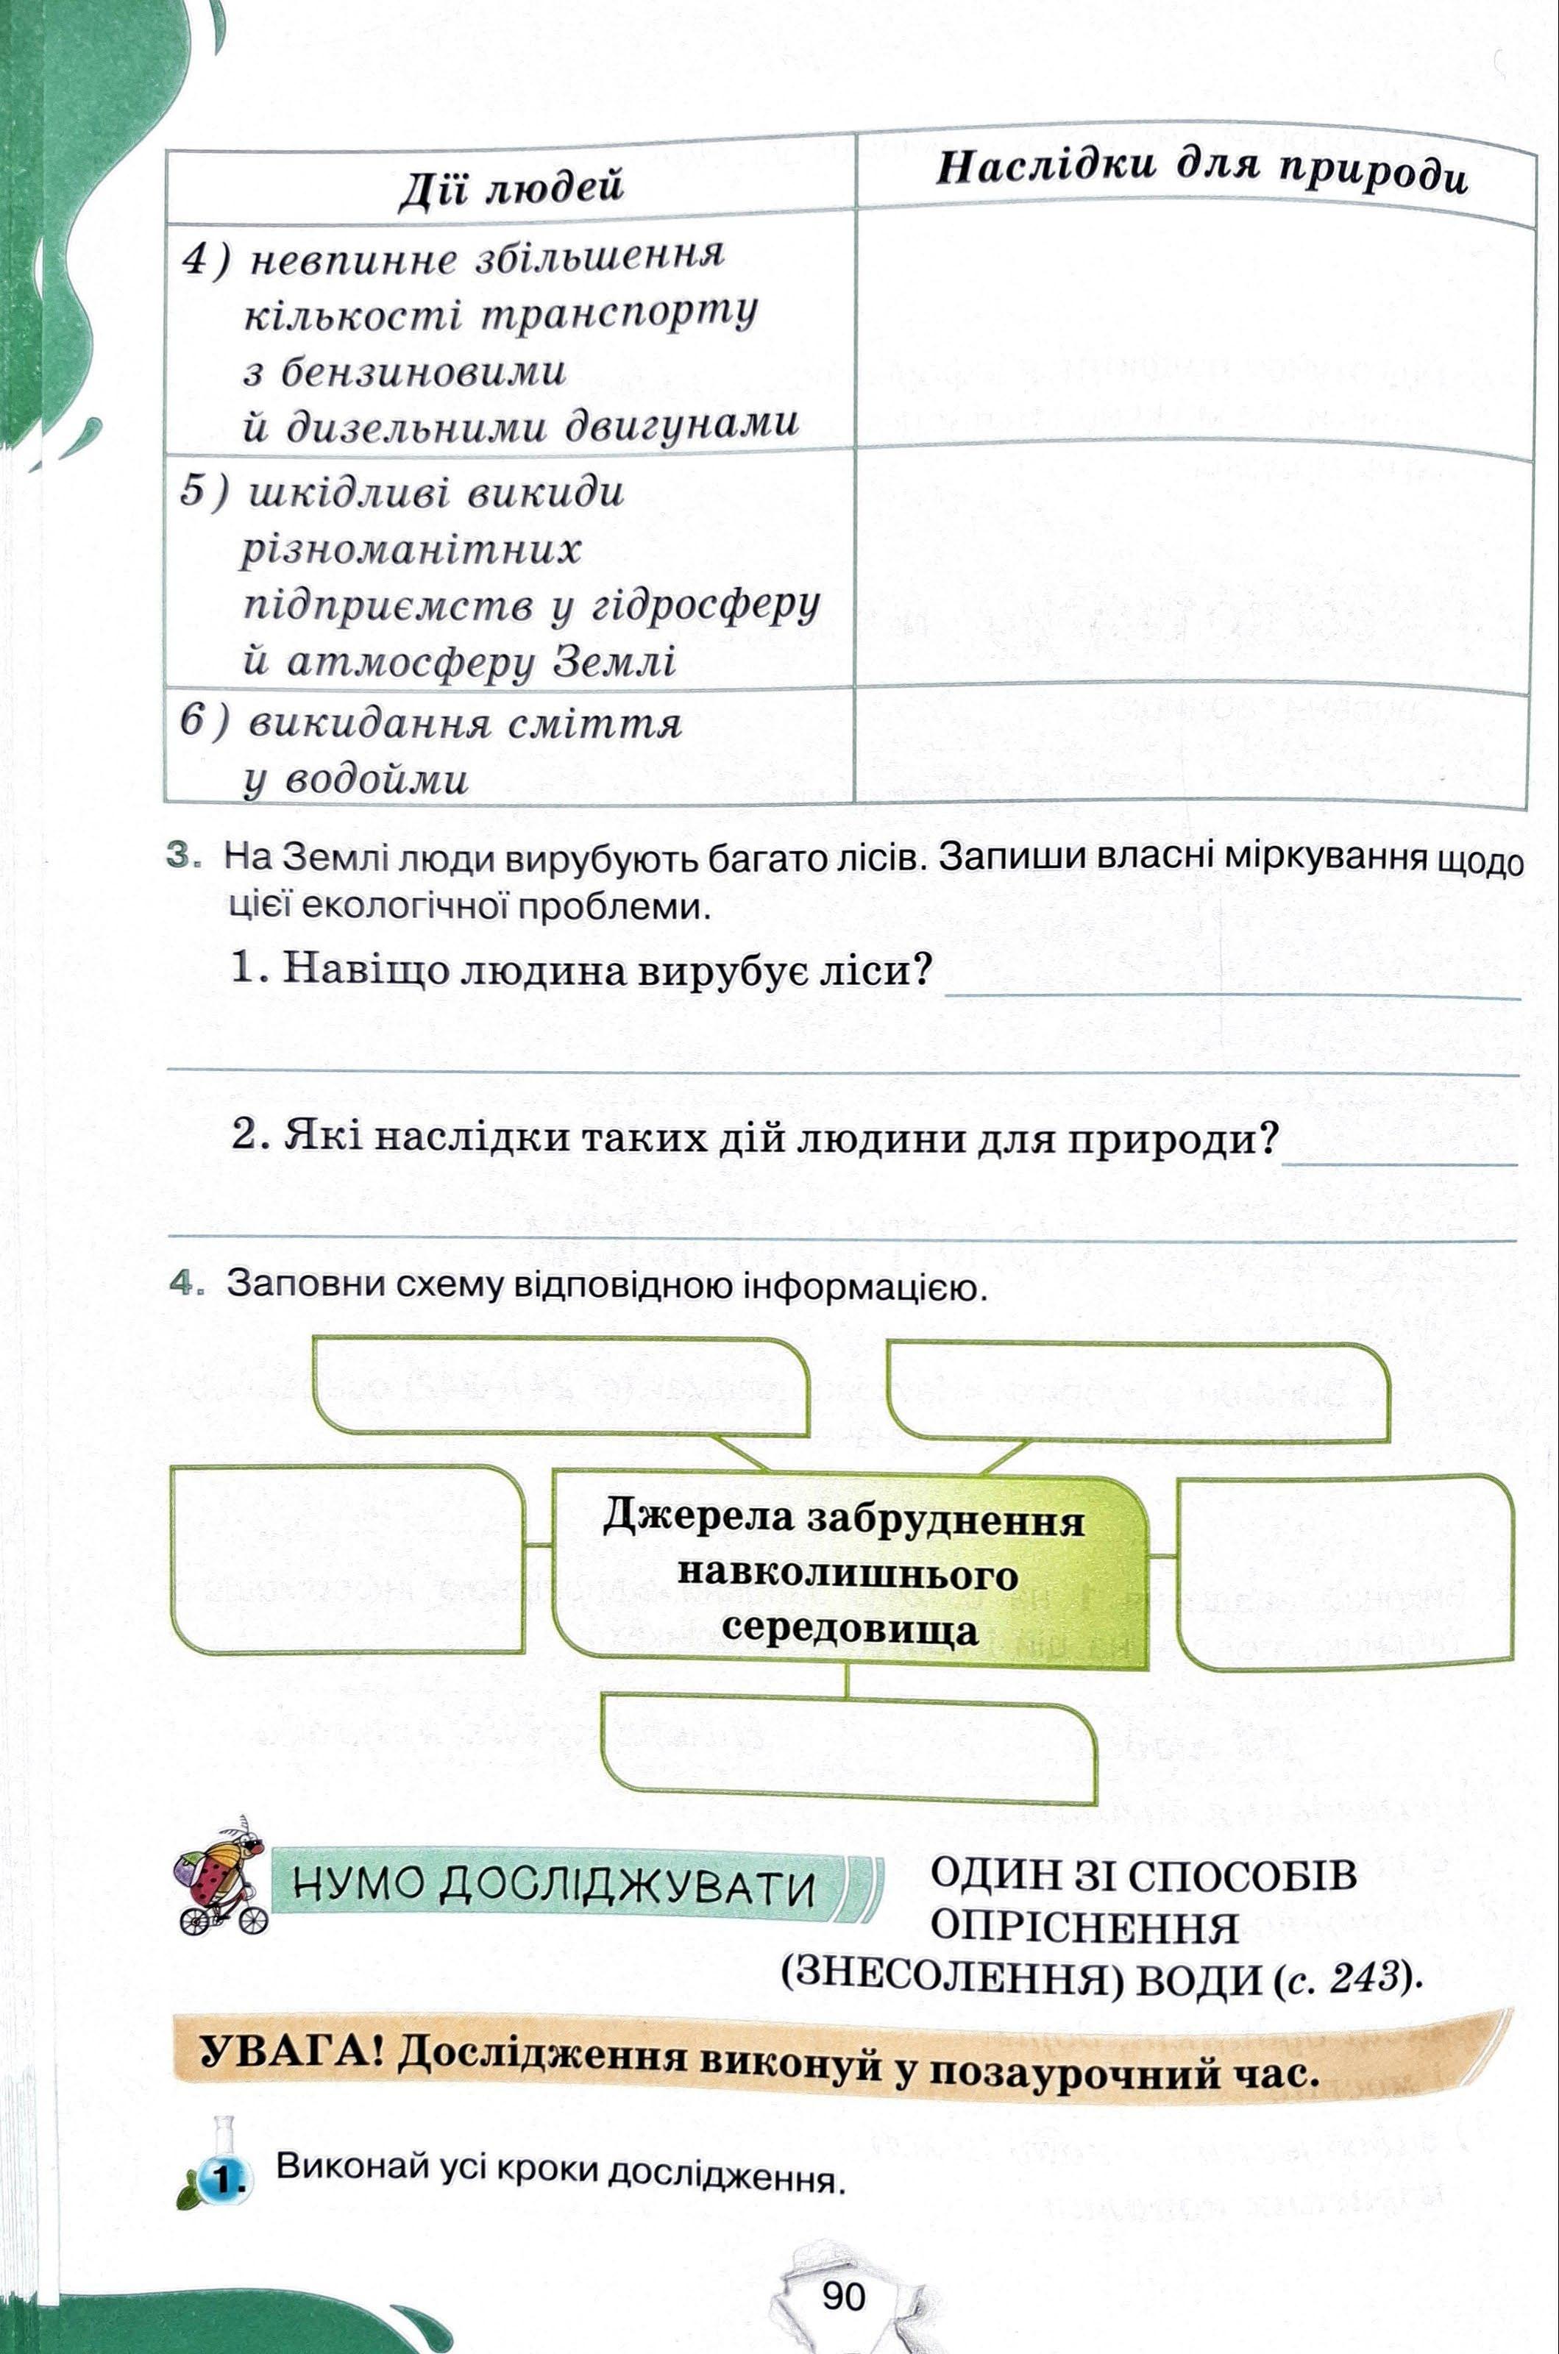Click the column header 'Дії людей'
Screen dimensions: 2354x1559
[x=510, y=186]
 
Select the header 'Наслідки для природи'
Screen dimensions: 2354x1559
[x=1201, y=171]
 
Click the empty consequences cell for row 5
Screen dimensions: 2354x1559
[x=1193, y=569]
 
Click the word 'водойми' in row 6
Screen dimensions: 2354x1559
[x=376, y=781]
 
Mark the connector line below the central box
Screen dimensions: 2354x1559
[x=847, y=1681]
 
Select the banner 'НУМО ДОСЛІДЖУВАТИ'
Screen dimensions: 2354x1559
[x=557, y=1886]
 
